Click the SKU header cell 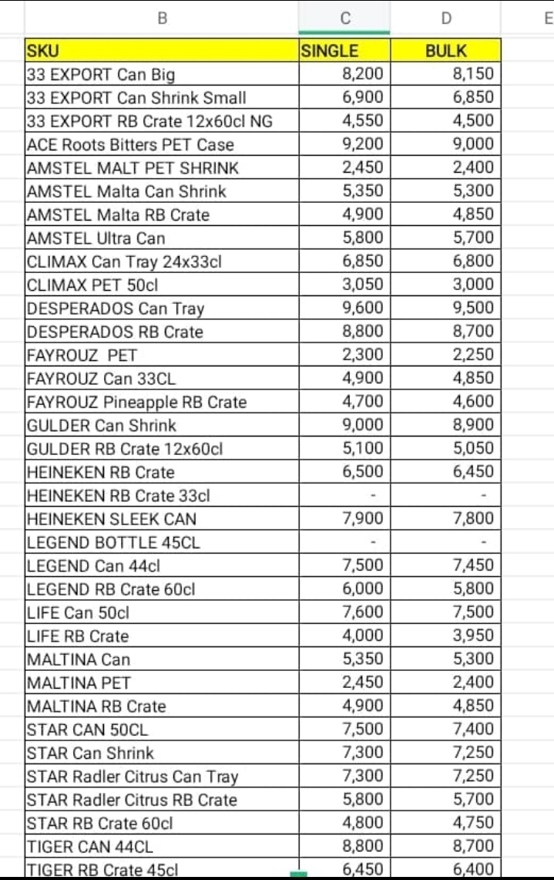pos(43,52)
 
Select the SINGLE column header pos(329,52)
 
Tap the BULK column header pos(446,52)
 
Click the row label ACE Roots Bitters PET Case pos(130,145)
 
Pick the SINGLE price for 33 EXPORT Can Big pos(362,75)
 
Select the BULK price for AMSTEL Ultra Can pos(472,238)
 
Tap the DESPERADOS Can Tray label pos(116,309)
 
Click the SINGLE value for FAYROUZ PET pos(362,356)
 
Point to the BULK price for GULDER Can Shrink pos(472,426)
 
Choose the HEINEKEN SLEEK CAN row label pos(112,519)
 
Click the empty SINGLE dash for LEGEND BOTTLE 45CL pos(373,542)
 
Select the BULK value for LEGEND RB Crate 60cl pos(472,589)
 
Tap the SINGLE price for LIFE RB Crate pos(362,636)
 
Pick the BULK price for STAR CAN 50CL pos(472,730)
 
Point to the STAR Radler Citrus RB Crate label pos(132,800)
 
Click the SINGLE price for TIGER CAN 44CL pos(362,846)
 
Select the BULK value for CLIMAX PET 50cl pos(472,285)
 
